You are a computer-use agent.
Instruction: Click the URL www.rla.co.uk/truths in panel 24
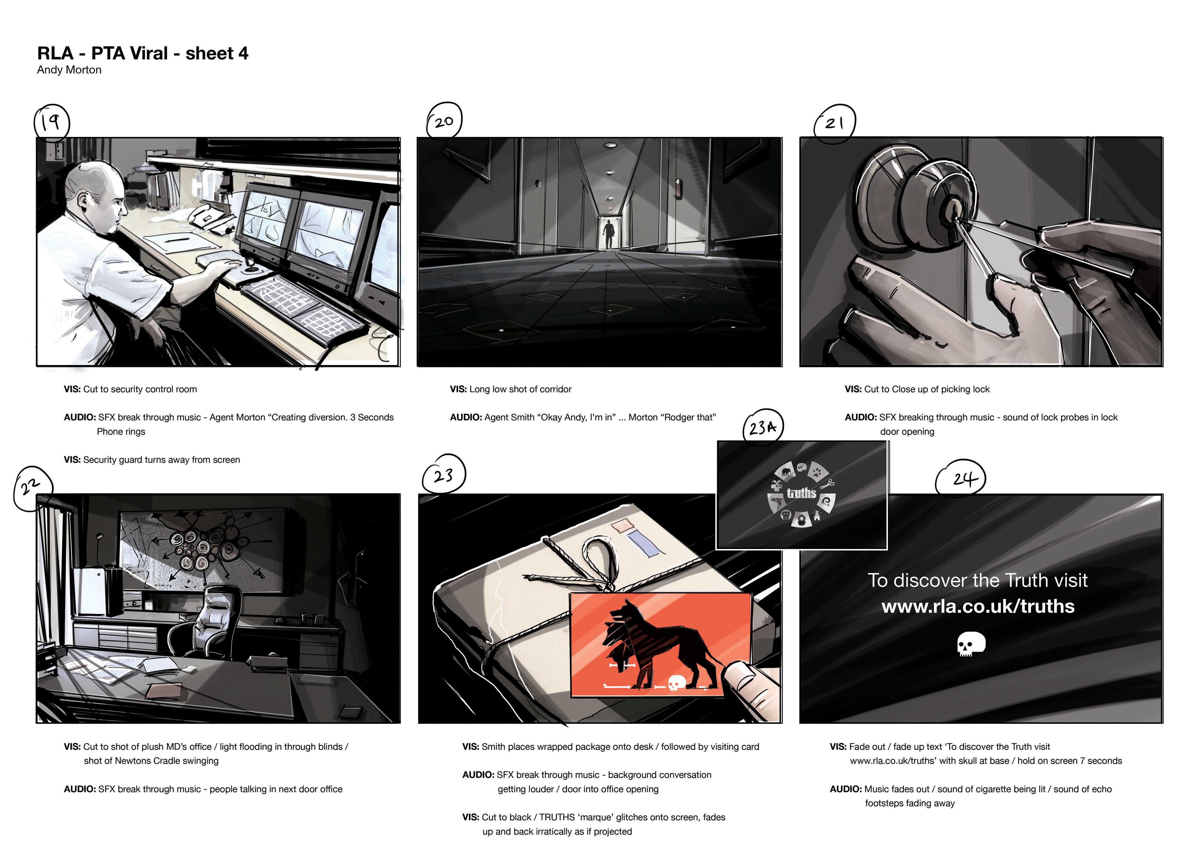point(978,606)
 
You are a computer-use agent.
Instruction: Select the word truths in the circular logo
point(801,493)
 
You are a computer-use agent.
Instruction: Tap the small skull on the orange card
point(676,683)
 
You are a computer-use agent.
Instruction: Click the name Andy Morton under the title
point(69,70)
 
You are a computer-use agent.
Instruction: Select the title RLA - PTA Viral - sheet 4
point(143,53)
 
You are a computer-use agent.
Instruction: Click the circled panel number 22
point(33,488)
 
